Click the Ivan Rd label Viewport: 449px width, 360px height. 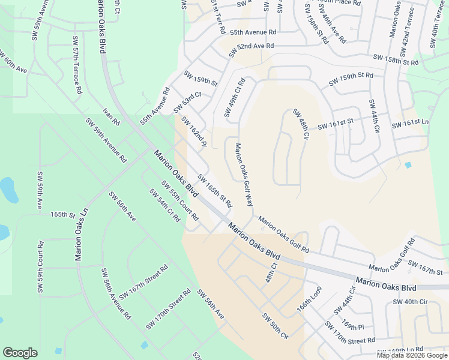coord(112,116)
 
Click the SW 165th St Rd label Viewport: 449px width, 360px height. coord(214,190)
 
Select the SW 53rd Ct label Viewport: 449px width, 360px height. coord(187,102)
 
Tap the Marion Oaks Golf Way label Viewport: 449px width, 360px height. coord(243,174)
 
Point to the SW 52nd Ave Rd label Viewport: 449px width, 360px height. coord(255,46)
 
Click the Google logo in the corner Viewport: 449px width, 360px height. coord(20,353)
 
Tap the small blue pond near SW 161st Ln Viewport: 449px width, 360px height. coord(408,165)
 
